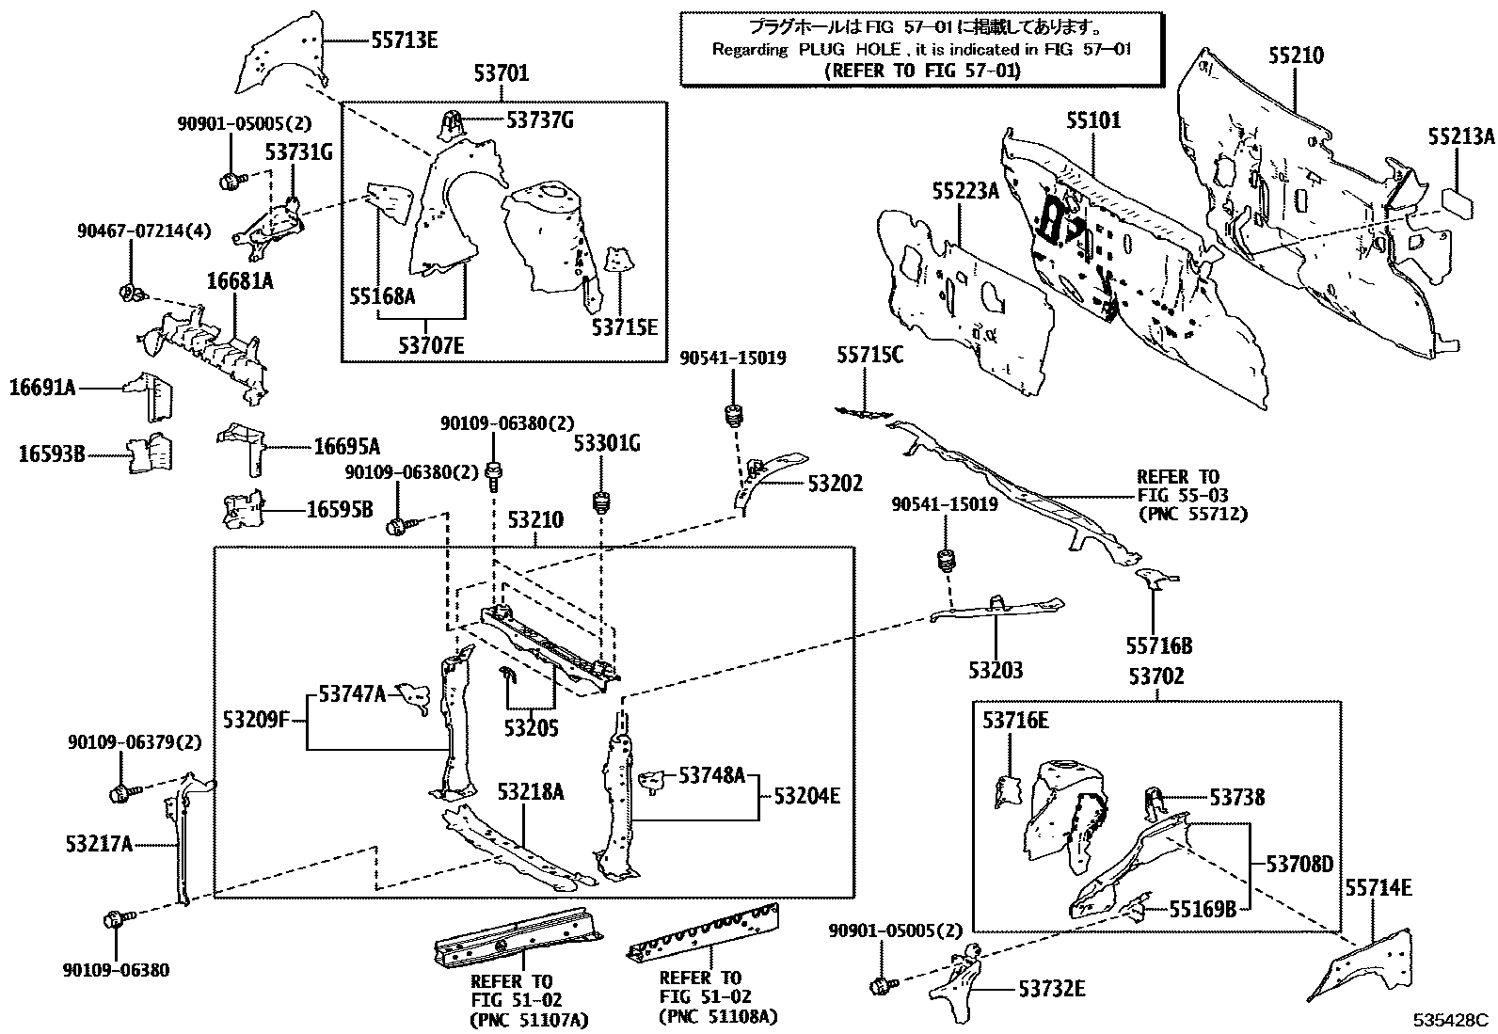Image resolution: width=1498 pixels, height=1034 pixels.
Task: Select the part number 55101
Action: click(1093, 120)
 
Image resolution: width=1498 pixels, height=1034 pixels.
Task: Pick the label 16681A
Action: click(240, 280)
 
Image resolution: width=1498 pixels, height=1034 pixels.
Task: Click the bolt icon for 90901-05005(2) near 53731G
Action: click(231, 180)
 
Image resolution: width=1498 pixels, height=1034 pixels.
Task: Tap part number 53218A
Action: click(531, 792)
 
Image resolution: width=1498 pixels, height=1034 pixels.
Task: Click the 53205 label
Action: click(531, 726)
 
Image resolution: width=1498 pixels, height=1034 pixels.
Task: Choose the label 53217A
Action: click(99, 844)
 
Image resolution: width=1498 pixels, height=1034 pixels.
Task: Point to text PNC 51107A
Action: click(528, 1017)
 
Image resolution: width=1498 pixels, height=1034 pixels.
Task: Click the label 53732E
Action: click(1050, 988)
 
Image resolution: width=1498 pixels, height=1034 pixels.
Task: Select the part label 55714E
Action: click(1378, 887)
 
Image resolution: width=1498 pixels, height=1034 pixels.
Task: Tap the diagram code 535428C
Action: click(1449, 1020)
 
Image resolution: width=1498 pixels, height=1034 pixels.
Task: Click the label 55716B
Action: click(1159, 645)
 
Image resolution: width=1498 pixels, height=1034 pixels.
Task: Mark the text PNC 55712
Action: click(1192, 513)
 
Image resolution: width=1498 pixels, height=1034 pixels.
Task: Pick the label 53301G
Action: click(607, 444)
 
